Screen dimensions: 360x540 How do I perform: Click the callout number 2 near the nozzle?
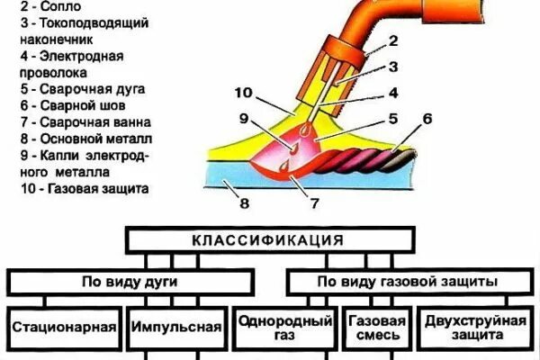[392, 40]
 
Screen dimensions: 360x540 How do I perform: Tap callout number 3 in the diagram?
[393, 66]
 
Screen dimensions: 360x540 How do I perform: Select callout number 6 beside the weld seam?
[427, 119]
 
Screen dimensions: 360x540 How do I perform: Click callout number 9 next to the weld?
[243, 117]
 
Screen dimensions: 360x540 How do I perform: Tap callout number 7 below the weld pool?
[314, 204]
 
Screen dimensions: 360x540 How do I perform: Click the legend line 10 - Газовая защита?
[80, 189]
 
